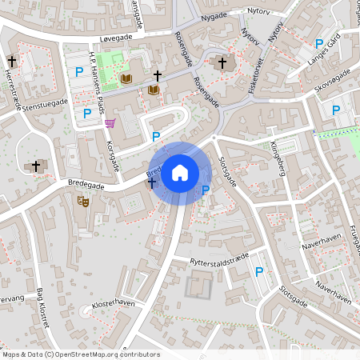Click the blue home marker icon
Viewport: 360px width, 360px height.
[x=180, y=172]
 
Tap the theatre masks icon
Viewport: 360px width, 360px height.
[x=82, y=203]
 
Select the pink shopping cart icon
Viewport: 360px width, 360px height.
[x=110, y=122]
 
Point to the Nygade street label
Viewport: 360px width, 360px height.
[x=214, y=15]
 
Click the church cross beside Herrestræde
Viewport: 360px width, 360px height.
[x=12, y=62]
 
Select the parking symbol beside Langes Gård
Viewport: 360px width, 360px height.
[x=319, y=43]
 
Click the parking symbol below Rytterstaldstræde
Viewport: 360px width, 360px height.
[x=259, y=272]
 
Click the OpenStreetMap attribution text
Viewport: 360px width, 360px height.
[x=81, y=354]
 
